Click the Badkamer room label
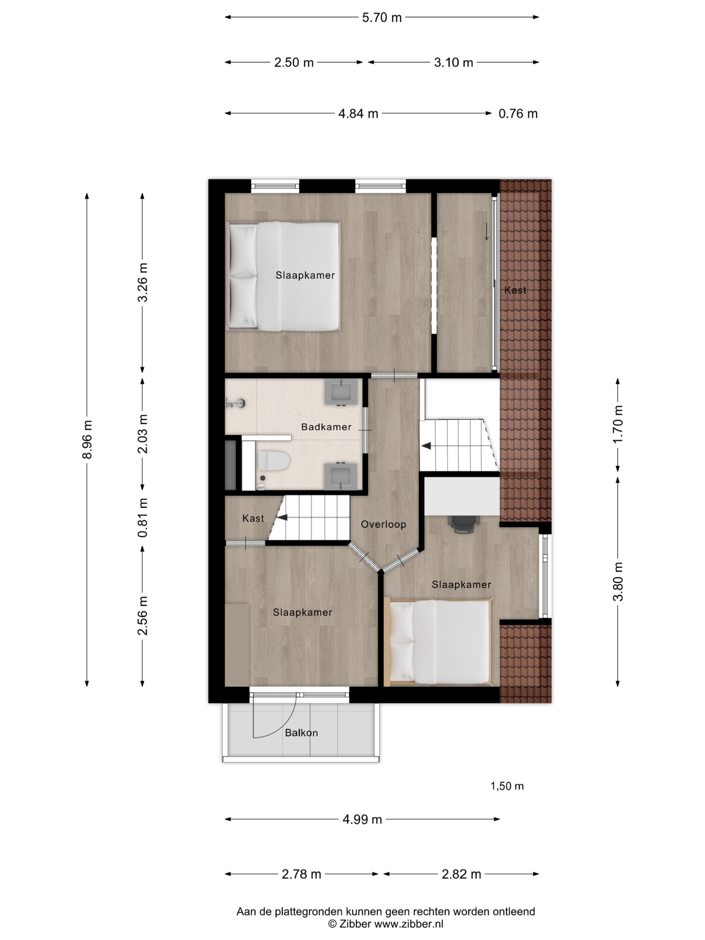326,427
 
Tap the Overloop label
383,524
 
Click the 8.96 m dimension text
87,440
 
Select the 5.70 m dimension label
382,17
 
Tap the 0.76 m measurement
518,113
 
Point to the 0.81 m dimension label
143,518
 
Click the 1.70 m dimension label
618,424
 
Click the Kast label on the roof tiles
515,290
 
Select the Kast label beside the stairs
253,518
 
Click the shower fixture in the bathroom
236,402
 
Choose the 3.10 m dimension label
453,62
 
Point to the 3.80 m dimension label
618,581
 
